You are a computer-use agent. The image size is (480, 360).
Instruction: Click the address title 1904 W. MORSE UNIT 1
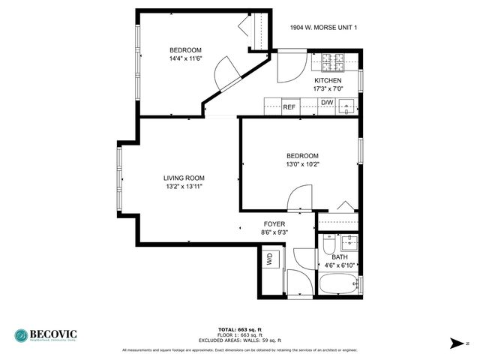(323, 28)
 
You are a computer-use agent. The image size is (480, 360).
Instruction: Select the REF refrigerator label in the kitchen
(289, 106)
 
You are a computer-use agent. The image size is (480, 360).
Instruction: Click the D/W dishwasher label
(327, 103)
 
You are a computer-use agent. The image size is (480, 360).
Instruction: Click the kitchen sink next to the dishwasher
(346, 106)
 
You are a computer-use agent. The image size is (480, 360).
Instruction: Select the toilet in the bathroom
(328, 245)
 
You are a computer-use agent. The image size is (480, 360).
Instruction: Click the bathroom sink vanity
(348, 242)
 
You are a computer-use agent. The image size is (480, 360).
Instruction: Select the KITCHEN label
(328, 80)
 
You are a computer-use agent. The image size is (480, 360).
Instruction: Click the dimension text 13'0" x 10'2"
(302, 164)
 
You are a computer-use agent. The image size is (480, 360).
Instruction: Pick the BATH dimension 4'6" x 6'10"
(340, 265)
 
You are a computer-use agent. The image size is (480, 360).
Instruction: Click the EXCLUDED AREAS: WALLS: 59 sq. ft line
(239, 340)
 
